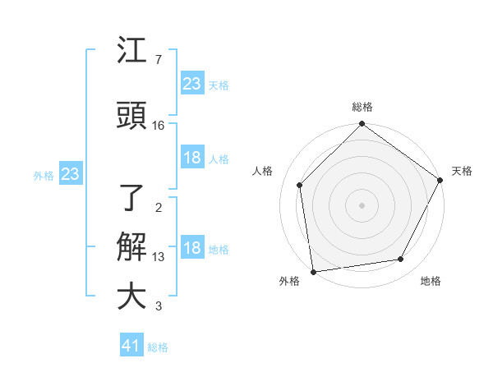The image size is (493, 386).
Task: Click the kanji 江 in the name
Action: (x=131, y=53)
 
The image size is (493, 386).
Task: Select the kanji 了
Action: (x=131, y=198)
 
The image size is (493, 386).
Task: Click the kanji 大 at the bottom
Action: (x=131, y=296)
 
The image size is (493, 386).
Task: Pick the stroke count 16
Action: (x=159, y=126)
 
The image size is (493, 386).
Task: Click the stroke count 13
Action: (x=159, y=257)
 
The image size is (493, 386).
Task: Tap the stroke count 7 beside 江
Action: (x=158, y=60)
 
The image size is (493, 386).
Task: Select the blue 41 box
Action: (x=131, y=346)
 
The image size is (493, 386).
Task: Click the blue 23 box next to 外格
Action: (x=70, y=174)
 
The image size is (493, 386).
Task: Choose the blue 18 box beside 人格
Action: (x=192, y=158)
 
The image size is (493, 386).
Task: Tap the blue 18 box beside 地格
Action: (x=192, y=249)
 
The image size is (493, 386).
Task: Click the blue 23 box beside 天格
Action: (x=192, y=83)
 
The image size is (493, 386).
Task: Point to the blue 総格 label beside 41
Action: (x=158, y=347)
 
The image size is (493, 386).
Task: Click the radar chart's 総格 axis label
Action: (x=362, y=107)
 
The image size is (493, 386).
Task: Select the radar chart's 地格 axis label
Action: (x=431, y=282)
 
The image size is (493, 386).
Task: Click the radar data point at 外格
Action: (x=313, y=271)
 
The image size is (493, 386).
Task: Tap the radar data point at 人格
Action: (x=300, y=185)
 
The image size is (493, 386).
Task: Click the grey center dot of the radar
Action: (x=362, y=204)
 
